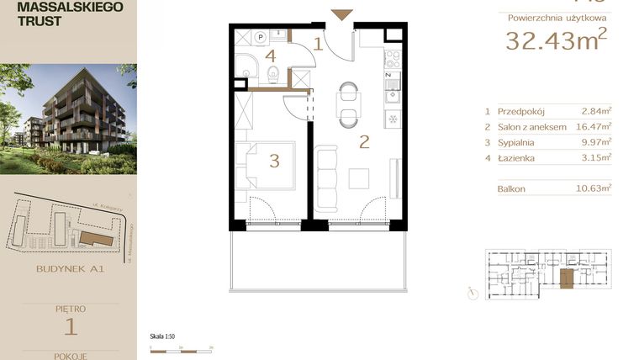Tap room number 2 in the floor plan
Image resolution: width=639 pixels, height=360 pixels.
tap(364, 141)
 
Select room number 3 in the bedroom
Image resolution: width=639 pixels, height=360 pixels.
tap(274, 161)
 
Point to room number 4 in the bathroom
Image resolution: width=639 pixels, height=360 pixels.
tap(270, 56)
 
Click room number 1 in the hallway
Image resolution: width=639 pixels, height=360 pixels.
tap(319, 44)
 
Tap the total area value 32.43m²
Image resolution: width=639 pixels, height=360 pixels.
tap(556, 40)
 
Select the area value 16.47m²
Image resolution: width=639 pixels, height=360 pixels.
tap(594, 126)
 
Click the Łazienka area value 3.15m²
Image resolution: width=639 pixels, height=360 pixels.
tap(596, 156)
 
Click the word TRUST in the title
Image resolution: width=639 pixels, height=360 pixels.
tap(38, 22)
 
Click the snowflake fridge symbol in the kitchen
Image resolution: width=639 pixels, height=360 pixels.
tap(392, 118)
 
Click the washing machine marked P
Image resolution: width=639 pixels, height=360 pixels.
tap(261, 37)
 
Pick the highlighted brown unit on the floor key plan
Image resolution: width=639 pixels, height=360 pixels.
tap(567, 279)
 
